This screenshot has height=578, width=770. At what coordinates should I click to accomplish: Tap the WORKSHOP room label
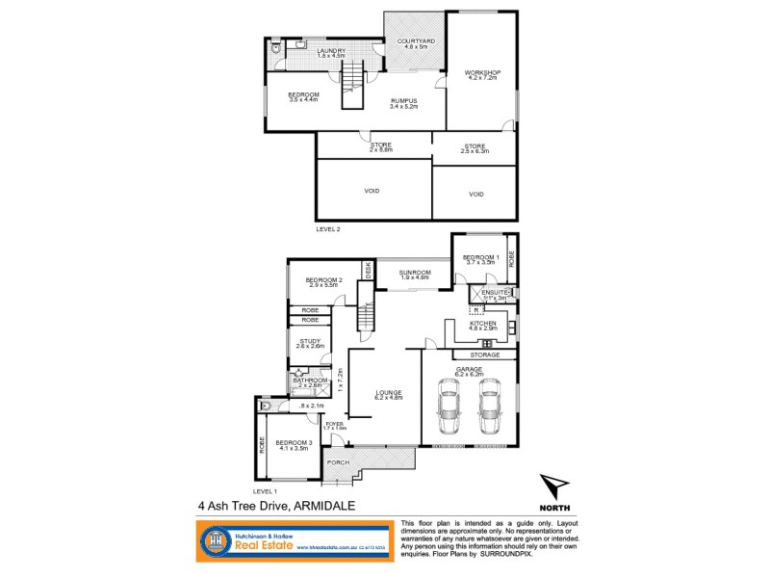coord(480,73)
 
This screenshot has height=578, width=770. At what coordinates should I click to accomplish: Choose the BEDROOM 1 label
coord(480,257)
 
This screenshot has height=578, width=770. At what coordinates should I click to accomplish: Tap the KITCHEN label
coord(482,324)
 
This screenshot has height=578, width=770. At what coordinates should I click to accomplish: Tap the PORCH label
coord(338,462)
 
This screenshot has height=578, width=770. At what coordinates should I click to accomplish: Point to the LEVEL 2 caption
coord(329,229)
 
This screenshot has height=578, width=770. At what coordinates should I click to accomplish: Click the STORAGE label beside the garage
coord(485,355)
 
